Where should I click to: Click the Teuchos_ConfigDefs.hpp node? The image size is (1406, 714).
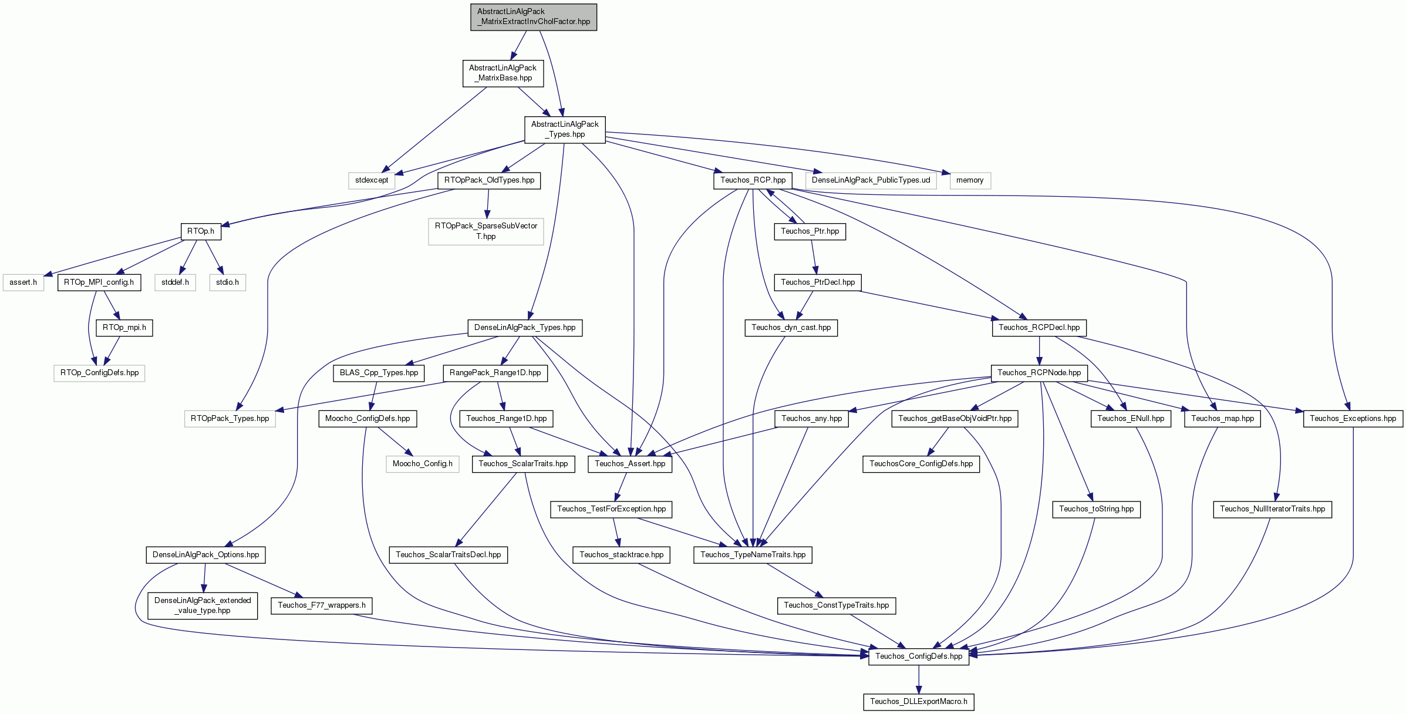click(x=919, y=656)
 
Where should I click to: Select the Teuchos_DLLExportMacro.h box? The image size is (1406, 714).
click(x=919, y=702)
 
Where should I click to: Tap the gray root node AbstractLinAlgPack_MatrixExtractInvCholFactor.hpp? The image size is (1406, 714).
click(x=534, y=17)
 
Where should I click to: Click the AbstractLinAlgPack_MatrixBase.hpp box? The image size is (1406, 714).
click(x=503, y=73)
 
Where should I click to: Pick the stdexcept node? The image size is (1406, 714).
click(x=372, y=180)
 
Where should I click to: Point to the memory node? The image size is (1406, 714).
click(x=970, y=180)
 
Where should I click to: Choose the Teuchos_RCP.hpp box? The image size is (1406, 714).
click(x=753, y=180)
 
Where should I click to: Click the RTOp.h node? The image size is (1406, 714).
click(x=201, y=231)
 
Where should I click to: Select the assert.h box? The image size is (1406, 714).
click(x=23, y=282)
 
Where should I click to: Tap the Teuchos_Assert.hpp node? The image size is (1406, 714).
click(x=630, y=464)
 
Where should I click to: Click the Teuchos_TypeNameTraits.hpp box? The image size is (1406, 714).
click(x=753, y=555)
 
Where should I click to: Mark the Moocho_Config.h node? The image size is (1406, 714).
click(x=423, y=464)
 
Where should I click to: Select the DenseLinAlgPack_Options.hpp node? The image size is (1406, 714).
click(x=205, y=555)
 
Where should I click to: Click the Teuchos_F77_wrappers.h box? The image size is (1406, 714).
click(x=322, y=605)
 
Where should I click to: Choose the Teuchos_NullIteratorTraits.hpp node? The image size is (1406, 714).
click(x=1273, y=509)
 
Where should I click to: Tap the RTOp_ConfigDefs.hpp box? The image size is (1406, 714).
click(x=99, y=373)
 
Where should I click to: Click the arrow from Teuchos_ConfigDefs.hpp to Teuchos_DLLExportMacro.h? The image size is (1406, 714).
click(x=919, y=679)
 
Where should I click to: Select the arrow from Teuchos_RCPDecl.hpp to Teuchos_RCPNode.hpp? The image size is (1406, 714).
click(x=1039, y=351)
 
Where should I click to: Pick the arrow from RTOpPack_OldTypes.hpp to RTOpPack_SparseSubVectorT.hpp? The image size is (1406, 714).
click(x=487, y=204)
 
